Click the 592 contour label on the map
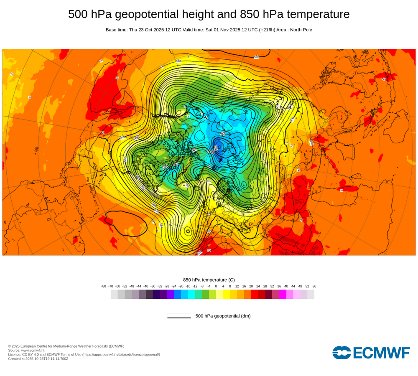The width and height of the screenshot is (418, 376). [256, 57]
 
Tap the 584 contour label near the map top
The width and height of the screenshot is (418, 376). [178, 61]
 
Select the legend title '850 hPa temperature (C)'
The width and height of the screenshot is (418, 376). [209, 279]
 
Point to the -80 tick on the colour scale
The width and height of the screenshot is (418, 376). [104, 286]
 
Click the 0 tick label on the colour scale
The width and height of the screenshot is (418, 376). [216, 286]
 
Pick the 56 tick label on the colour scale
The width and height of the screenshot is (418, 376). [314, 286]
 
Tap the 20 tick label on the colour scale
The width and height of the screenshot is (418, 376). [251, 286]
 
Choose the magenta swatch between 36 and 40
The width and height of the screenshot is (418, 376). [283, 295]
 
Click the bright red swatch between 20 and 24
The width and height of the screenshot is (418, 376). [255, 295]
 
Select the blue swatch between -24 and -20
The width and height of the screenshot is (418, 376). [177, 295]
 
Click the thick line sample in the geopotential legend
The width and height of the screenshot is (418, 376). [179, 318]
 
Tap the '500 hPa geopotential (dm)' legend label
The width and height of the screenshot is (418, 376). [223, 316]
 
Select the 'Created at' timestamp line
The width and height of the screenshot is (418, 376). [38, 358]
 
